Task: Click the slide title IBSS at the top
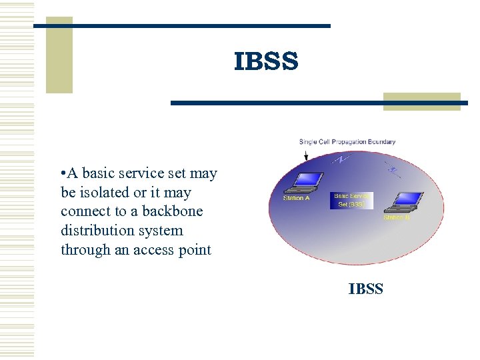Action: [266, 61]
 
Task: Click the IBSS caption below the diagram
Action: [365, 289]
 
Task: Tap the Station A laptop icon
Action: [307, 181]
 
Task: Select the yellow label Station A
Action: [297, 198]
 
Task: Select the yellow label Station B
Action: [397, 218]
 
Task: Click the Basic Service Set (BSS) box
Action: [351, 201]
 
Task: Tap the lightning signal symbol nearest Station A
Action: [341, 160]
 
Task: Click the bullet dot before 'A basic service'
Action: [62, 174]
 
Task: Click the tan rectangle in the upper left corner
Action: [59, 56]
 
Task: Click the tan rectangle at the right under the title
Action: [421, 101]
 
